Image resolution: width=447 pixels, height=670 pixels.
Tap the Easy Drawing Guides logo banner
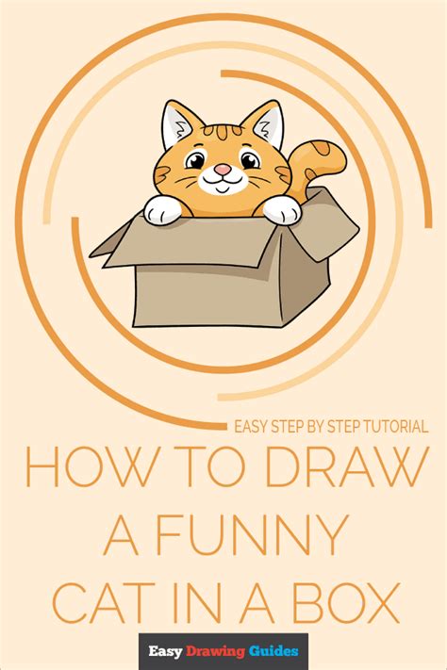point(223,650)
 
